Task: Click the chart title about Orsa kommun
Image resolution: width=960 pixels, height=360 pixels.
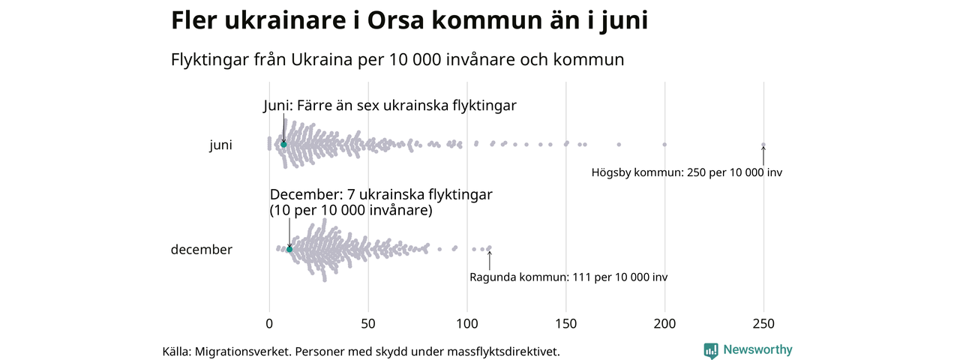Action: (409, 21)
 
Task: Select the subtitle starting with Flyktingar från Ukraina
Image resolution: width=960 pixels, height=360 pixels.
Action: (397, 59)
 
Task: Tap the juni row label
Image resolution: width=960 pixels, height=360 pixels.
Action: (220, 145)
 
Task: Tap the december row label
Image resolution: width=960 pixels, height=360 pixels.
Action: (201, 250)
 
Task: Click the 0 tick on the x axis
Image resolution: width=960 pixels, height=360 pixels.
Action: (269, 324)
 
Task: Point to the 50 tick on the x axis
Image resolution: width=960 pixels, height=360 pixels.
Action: (368, 324)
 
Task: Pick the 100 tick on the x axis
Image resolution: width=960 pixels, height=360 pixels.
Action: (467, 324)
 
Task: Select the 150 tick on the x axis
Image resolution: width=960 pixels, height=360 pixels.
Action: (566, 324)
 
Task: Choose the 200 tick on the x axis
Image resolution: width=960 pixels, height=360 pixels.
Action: (665, 324)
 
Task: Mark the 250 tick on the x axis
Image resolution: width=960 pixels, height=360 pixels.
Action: (763, 324)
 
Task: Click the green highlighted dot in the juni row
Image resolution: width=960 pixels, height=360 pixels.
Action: (283, 144)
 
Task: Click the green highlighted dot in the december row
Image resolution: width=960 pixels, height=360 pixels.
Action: (289, 248)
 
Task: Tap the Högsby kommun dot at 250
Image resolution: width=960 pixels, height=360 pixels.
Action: (763, 145)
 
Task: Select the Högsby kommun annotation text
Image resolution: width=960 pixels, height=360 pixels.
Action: (686, 172)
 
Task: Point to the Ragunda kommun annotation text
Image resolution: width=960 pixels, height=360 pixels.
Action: (568, 277)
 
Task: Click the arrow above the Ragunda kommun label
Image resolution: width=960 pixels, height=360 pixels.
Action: (490, 259)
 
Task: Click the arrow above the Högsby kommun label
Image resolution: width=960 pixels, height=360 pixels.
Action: (763, 155)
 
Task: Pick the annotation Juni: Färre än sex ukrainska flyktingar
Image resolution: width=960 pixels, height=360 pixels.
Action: (390, 106)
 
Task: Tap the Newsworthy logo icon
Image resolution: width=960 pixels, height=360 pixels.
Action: (711, 350)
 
